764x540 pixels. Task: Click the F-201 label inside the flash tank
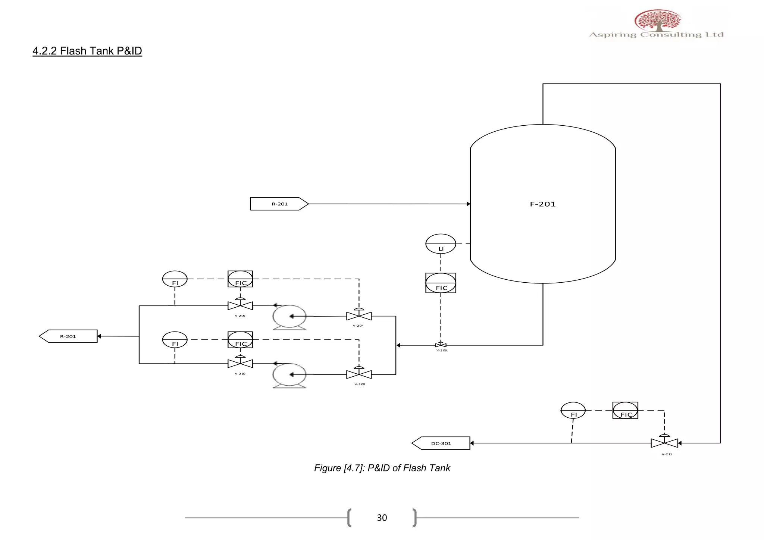[543, 204]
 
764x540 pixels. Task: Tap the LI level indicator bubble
[441, 244]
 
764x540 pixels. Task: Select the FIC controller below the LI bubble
[441, 283]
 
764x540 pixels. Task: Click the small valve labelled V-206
[441, 345]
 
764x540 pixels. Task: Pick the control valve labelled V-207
[359, 316]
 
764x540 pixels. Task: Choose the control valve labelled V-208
[359, 374]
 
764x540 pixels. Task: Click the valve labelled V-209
[240, 305]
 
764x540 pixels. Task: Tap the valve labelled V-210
[240, 363]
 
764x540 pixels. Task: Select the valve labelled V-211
[664, 443]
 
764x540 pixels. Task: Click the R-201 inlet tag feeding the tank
[279, 204]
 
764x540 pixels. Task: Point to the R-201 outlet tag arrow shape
[68, 336]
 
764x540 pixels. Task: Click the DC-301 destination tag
[441, 443]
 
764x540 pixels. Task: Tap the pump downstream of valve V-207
[289, 317]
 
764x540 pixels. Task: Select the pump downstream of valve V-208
[289, 375]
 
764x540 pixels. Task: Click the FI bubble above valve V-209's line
[175, 279]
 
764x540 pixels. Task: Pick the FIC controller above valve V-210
[240, 340]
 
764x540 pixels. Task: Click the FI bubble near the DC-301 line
[573, 410]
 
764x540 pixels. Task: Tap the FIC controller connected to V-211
[625, 410]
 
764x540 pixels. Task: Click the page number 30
[382, 518]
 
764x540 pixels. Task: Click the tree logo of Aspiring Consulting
[658, 20]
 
